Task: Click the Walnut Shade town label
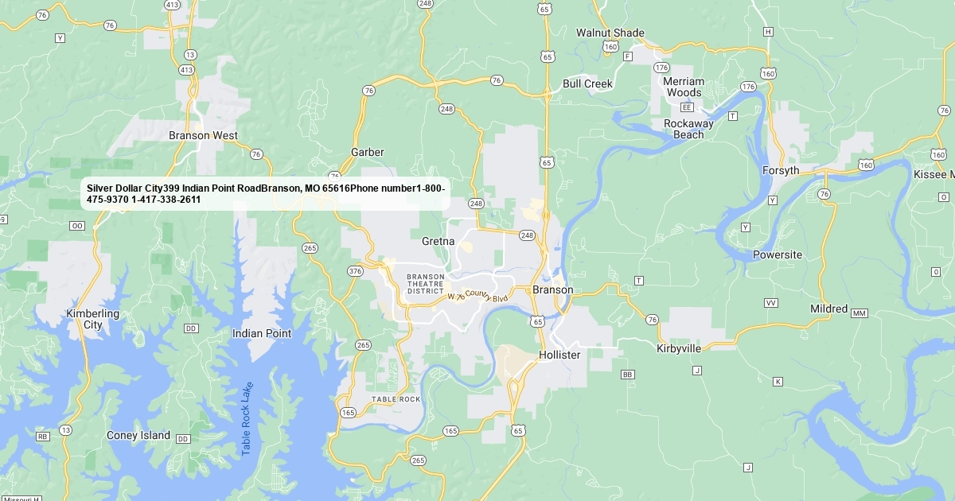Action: click(610, 33)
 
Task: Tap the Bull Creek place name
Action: click(587, 83)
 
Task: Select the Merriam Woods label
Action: click(684, 87)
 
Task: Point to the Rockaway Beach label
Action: click(688, 129)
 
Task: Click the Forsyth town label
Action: click(780, 171)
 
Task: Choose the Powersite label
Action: click(778, 255)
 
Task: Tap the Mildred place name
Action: click(828, 309)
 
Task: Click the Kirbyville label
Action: click(679, 348)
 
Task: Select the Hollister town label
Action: click(559, 355)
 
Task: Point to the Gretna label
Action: click(438, 241)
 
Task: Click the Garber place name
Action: click(367, 152)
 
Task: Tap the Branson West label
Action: click(203, 135)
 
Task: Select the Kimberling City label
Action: click(93, 319)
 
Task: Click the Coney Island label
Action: click(138, 435)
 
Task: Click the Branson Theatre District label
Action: click(425, 284)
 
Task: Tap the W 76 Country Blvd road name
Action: click(477, 296)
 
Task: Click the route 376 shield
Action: click(355, 271)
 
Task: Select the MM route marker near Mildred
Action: click(859, 313)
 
